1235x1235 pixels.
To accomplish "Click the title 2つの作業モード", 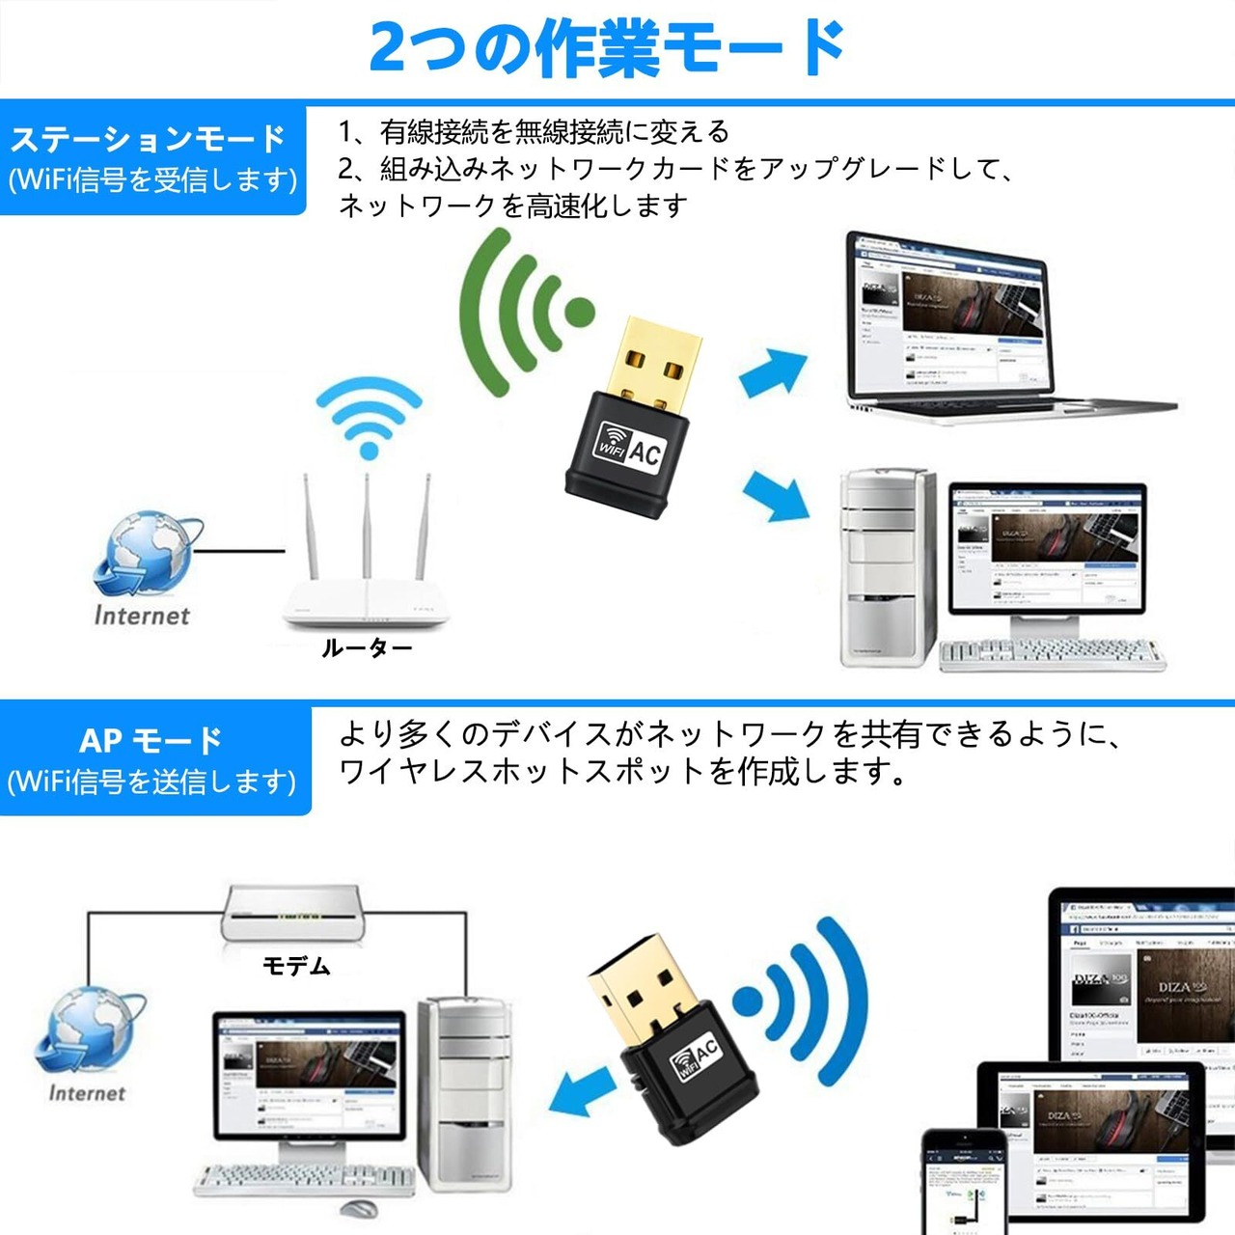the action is [x=608, y=48].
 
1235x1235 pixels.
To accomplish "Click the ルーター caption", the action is [x=367, y=647].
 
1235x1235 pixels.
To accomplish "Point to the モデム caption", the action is [x=296, y=966].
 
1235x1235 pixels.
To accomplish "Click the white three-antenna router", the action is [x=367, y=598].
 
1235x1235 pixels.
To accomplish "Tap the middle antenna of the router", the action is [x=367, y=526].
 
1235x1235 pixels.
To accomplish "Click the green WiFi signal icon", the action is [x=521, y=314].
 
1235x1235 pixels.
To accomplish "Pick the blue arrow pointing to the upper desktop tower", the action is [x=778, y=494].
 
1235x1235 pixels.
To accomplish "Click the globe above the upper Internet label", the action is [x=145, y=555].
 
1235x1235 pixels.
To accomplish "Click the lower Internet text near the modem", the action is [x=87, y=1093].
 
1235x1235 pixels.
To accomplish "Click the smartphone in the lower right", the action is [x=965, y=1182].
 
